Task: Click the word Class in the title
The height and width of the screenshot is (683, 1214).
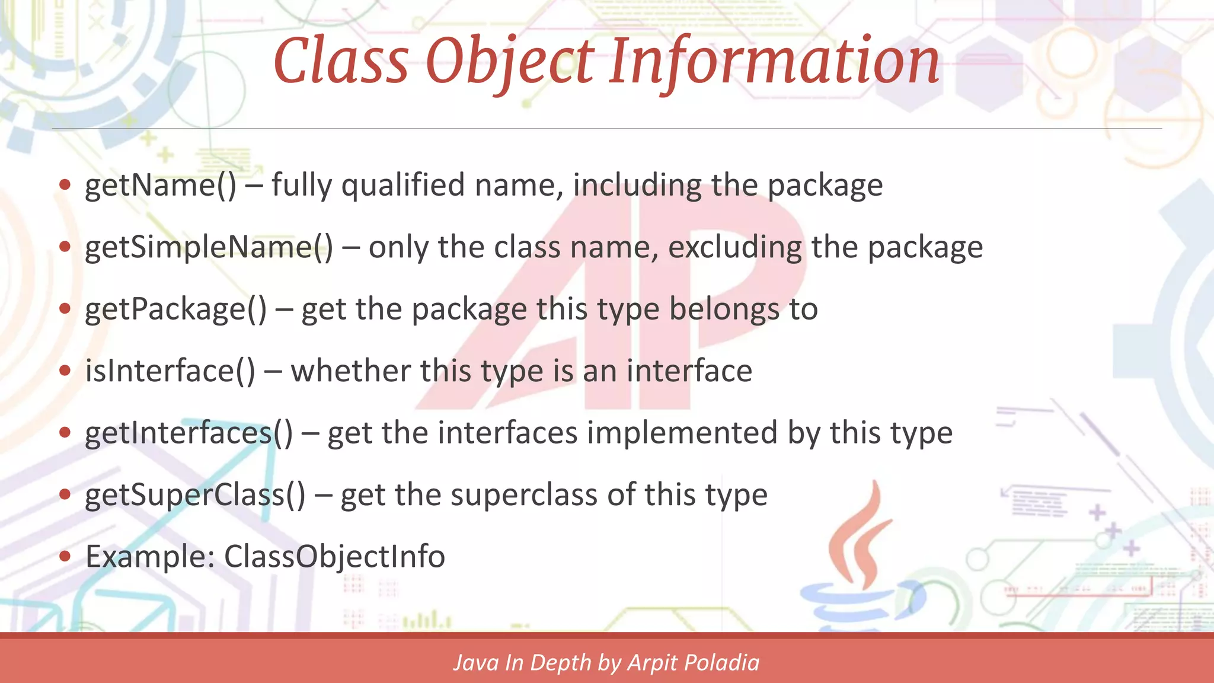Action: tap(341, 60)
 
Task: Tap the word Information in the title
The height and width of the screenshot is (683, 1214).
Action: tap(775, 60)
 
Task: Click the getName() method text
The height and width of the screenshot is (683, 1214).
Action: tap(160, 186)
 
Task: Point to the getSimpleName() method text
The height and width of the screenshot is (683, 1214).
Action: tap(209, 247)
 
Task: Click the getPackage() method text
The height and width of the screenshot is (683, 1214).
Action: tap(175, 309)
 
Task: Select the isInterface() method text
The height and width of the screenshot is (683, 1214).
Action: tap(170, 371)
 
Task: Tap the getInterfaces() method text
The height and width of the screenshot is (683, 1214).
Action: tap(189, 433)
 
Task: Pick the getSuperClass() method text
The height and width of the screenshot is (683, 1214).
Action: tap(195, 495)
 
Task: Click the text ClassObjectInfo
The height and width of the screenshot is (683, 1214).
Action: tap(334, 557)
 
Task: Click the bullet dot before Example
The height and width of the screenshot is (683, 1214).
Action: tap(65, 557)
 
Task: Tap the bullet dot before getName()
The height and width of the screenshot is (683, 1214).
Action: tap(65, 185)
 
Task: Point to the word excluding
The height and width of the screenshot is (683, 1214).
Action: tap(734, 247)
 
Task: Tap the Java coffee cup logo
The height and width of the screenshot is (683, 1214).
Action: tap(860, 569)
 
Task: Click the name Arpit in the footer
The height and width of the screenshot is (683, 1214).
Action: tap(654, 663)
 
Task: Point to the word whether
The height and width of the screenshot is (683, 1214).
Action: tap(350, 371)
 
